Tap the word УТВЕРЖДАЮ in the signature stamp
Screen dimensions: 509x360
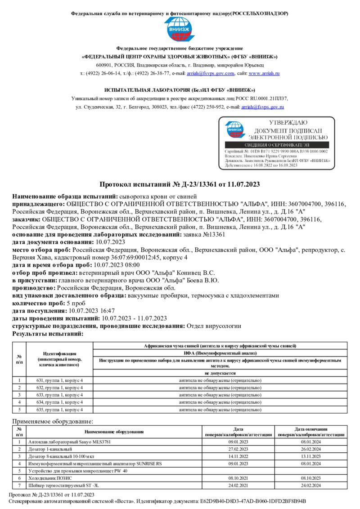[x=288, y=122]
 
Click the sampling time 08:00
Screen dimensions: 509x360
[x=127, y=265]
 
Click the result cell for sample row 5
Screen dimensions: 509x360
[x=220, y=410]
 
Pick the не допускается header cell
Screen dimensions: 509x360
[x=220, y=373]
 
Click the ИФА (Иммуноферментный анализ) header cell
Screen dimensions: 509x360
[x=220, y=353]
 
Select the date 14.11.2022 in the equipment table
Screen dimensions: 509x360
[x=238, y=456]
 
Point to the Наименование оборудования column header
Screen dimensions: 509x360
[x=114, y=432]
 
